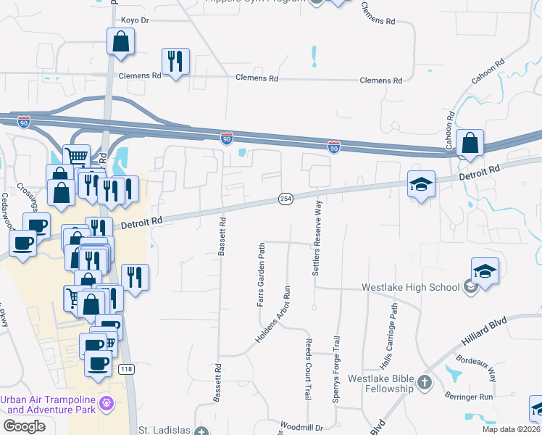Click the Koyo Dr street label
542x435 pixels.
pyautogui.click(x=134, y=20)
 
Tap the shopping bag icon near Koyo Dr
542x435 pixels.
pyautogui.click(x=120, y=43)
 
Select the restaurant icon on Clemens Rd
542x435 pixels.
pyautogui.click(x=175, y=63)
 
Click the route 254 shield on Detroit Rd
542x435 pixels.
pyautogui.click(x=285, y=199)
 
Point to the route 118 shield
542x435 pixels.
pyautogui.click(x=127, y=370)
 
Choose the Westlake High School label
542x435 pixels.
pyautogui.click(x=411, y=287)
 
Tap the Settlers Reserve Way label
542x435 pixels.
pyautogui.click(x=317, y=239)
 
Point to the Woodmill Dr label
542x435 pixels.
pyautogui.click(x=301, y=427)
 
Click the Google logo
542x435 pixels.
pyautogui.click(x=24, y=426)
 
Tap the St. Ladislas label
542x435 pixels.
pyautogui.click(x=164, y=430)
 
